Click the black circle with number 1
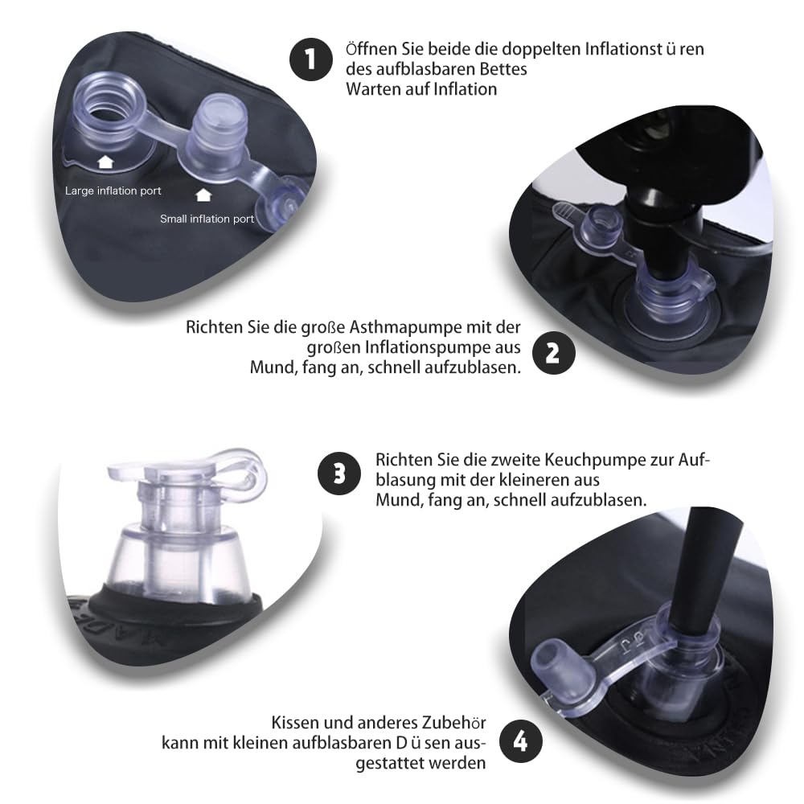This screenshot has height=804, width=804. click(310, 59)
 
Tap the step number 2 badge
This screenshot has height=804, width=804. click(553, 353)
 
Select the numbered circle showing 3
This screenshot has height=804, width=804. click(339, 474)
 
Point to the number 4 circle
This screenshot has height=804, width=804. click(520, 741)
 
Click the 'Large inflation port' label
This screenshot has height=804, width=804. click(113, 191)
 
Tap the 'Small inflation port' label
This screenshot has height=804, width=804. click(207, 219)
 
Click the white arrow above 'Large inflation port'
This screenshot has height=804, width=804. click(105, 162)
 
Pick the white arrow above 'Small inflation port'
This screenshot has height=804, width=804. click(203, 195)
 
